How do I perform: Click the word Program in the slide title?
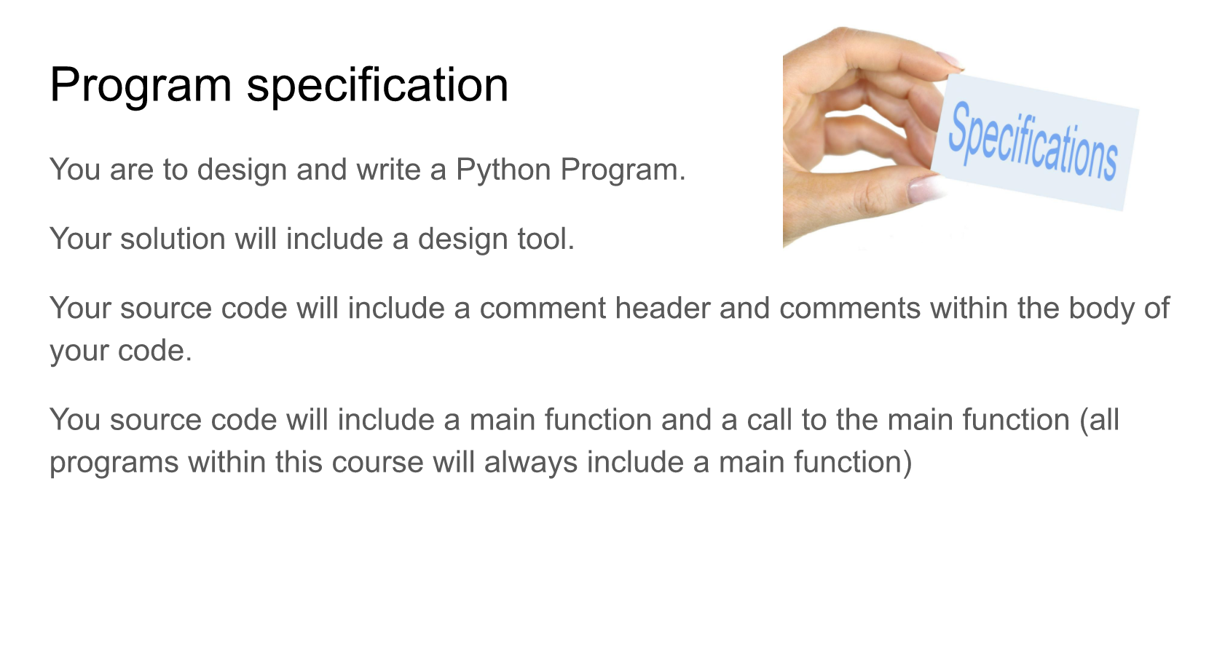[141, 86]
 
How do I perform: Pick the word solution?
[173, 239]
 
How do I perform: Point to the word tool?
[545, 239]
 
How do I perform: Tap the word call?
[769, 420]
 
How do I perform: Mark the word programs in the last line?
[114, 462]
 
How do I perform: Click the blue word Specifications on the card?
[1033, 142]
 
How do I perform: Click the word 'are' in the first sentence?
[131, 170]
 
